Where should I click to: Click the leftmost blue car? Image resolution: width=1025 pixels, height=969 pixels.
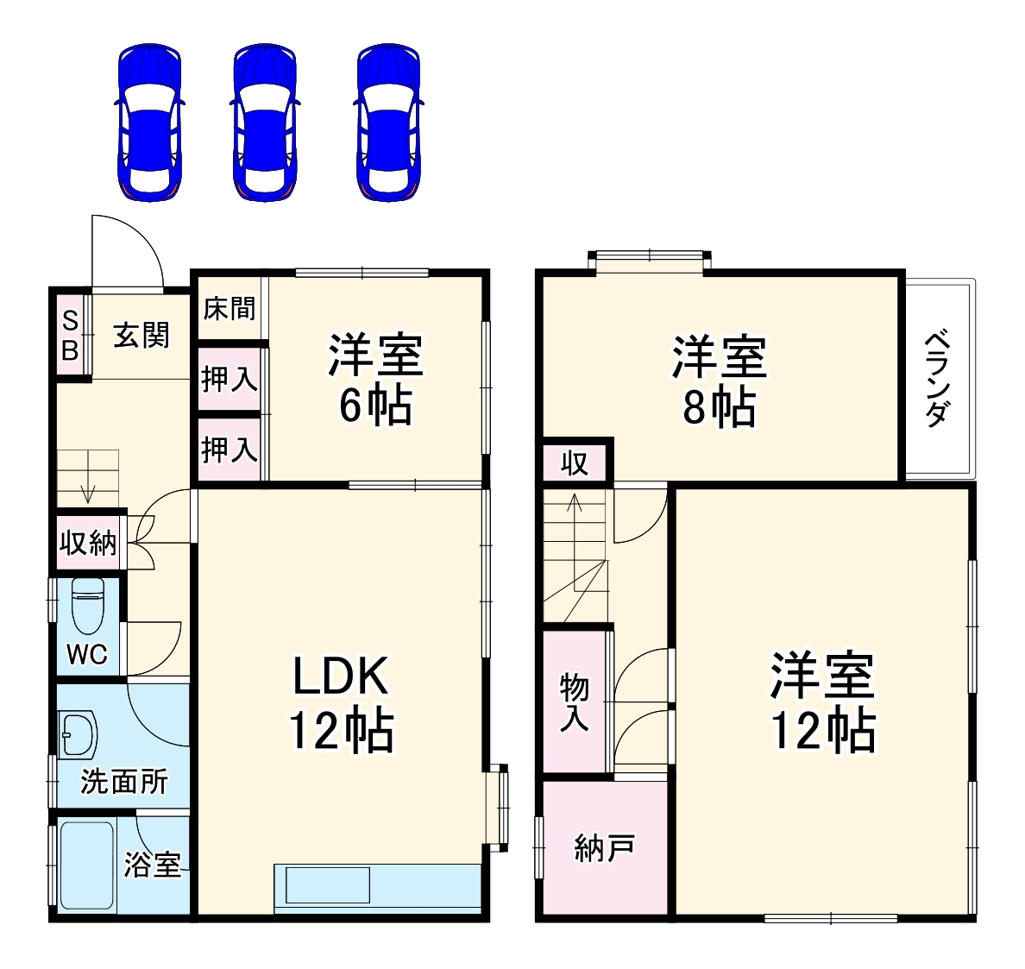pyautogui.click(x=149, y=123)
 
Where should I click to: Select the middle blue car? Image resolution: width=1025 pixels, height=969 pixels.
pyautogui.click(x=265, y=123)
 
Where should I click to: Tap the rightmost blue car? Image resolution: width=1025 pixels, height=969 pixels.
pyautogui.click(x=388, y=123)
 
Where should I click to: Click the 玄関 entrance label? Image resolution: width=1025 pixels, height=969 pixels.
pyautogui.click(x=141, y=335)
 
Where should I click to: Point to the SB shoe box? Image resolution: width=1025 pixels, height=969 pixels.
pyautogui.click(x=71, y=336)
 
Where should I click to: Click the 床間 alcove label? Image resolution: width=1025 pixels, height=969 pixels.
pyautogui.click(x=230, y=308)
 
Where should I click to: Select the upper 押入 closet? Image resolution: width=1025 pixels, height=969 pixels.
pyautogui.click(x=230, y=378)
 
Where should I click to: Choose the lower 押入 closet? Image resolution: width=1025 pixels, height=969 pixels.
pyautogui.click(x=230, y=449)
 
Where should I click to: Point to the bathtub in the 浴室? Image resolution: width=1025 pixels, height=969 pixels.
pyautogui.click(x=86, y=865)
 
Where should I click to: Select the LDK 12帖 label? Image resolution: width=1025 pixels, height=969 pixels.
pyautogui.click(x=341, y=703)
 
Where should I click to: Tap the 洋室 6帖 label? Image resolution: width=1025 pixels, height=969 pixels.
pyautogui.click(x=375, y=380)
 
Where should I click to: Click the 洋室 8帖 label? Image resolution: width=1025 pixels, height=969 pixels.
pyautogui.click(x=719, y=381)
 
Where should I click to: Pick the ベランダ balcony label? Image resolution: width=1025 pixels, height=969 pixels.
pyautogui.click(x=938, y=378)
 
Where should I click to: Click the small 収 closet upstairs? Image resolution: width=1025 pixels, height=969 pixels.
pyautogui.click(x=575, y=463)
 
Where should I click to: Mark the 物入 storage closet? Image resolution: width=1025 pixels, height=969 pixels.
pyautogui.click(x=575, y=702)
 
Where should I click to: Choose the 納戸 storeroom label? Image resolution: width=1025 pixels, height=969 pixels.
pyautogui.click(x=605, y=849)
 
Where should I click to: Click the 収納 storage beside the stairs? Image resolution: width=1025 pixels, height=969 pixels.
pyautogui.click(x=88, y=544)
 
